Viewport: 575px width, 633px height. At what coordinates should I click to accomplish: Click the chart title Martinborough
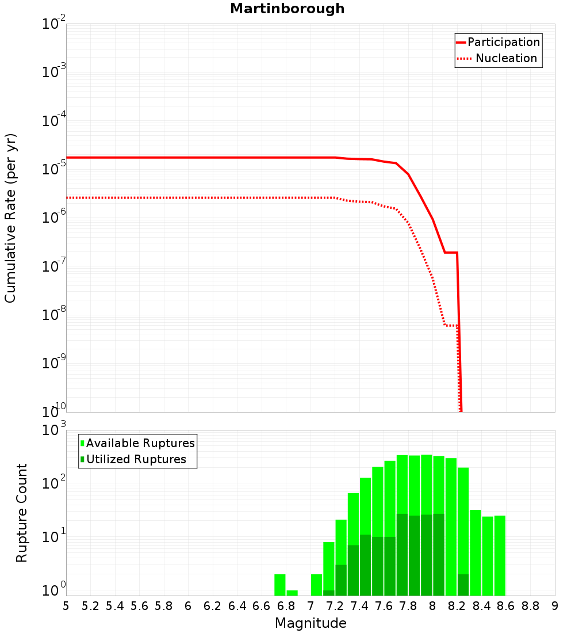pyautogui.click(x=287, y=9)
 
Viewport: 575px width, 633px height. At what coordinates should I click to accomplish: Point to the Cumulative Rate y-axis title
pyautogui.click(x=11, y=218)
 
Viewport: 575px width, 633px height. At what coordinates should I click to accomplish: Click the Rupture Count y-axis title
pyautogui.click(x=22, y=512)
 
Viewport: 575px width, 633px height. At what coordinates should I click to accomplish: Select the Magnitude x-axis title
pyautogui.click(x=310, y=623)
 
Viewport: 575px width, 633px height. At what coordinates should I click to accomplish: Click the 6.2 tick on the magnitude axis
pyautogui.click(x=213, y=606)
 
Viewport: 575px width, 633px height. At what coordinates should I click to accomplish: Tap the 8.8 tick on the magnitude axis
pyautogui.click(x=530, y=606)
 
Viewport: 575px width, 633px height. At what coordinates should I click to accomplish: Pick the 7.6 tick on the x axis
pyautogui.click(x=384, y=606)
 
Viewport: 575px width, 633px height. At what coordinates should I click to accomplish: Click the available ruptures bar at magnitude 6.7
pyautogui.click(x=280, y=585)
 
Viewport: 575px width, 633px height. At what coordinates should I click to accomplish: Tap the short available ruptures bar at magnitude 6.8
pyautogui.click(x=292, y=593)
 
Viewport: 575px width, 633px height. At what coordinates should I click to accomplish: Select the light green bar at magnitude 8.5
pyautogui.click(x=488, y=556)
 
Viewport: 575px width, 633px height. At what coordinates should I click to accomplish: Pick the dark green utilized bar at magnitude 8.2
pyautogui.click(x=463, y=585)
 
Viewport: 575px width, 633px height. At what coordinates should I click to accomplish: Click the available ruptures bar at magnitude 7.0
pyautogui.click(x=316, y=585)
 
